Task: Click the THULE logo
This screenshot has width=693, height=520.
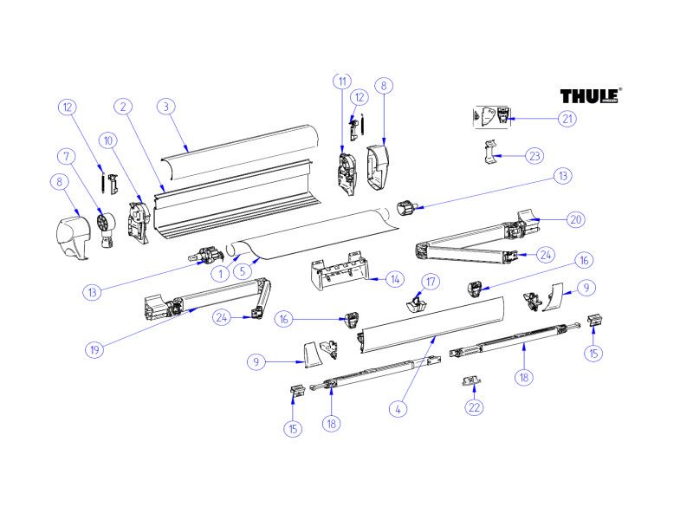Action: (591, 95)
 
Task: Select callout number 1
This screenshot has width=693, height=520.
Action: (221, 274)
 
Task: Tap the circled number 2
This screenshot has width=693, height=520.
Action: (123, 107)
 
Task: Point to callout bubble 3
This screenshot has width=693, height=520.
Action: (166, 107)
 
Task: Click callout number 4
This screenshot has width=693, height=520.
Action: (398, 409)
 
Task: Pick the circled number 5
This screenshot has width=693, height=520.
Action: (243, 271)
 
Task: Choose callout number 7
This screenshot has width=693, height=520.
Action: (67, 157)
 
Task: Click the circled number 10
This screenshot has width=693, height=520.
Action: (108, 140)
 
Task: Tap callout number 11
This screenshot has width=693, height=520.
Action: (342, 81)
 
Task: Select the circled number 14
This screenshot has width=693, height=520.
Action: (395, 279)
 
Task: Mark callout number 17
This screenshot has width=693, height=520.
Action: (431, 282)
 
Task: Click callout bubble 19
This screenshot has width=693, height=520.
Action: (94, 350)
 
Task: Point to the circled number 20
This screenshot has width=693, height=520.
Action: (576, 219)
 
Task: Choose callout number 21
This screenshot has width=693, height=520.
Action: (567, 119)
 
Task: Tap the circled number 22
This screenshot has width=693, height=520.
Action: (474, 407)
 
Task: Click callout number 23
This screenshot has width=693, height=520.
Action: (534, 156)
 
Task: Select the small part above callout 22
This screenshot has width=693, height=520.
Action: (471, 380)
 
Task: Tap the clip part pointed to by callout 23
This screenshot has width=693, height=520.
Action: (489, 153)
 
